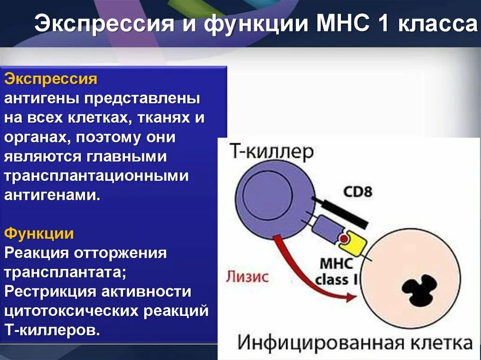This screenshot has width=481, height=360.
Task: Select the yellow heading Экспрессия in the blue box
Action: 51,79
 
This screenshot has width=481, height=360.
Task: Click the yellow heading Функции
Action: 39,233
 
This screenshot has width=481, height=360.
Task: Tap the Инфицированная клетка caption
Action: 355,343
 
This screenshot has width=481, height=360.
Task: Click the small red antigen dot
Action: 344,239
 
